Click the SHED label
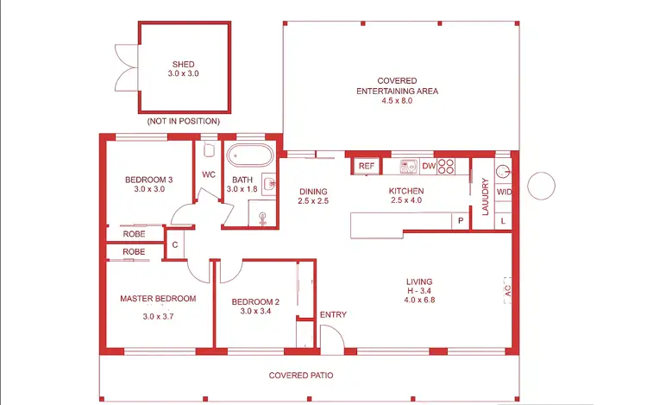183,64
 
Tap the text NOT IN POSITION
183,121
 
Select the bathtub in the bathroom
250,158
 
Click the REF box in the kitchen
366,166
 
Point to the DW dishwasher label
428,166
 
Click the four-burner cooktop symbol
447,166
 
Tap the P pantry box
461,221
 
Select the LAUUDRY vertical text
485,197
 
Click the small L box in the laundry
503,221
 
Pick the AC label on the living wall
507,292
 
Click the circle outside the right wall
542,186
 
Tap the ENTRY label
333,314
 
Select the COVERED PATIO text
301,376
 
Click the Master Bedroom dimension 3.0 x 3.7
158,316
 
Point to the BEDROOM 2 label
255,301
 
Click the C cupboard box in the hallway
175,244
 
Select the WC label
208,174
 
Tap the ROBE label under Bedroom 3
134,234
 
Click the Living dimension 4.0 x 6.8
419,302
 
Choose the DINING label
314,191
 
